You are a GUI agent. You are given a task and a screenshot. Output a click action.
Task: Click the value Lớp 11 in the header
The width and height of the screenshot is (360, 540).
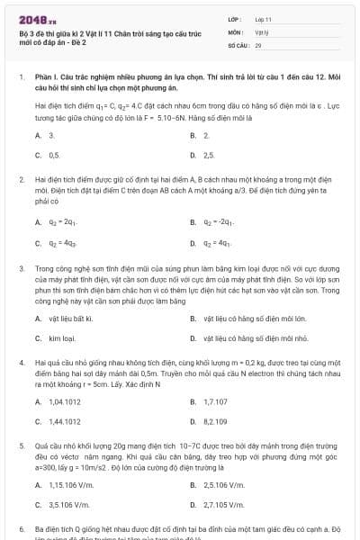pos(263,18)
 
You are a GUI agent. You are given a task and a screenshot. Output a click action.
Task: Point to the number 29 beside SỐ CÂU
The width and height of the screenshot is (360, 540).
pos(258,44)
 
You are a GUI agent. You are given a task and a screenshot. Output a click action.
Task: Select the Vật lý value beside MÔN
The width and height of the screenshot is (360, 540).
pos(262,31)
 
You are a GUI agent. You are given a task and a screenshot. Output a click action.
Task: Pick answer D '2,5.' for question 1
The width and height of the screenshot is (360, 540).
pos(208,155)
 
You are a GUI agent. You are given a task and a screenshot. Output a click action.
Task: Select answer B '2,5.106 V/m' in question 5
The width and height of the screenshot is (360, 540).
pos(224,485)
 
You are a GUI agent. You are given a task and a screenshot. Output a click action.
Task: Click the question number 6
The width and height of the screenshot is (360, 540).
pos(21,529)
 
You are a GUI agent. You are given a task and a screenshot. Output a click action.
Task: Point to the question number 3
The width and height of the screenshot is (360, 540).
pos(21,268)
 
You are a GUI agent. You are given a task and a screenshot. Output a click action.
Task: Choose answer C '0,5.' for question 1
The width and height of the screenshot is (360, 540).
pos(53,155)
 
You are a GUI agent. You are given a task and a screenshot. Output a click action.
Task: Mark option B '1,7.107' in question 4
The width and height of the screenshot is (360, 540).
pos(215,400)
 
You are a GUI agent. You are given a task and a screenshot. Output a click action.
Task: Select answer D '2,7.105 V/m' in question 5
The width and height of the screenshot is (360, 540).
pos(224,505)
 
